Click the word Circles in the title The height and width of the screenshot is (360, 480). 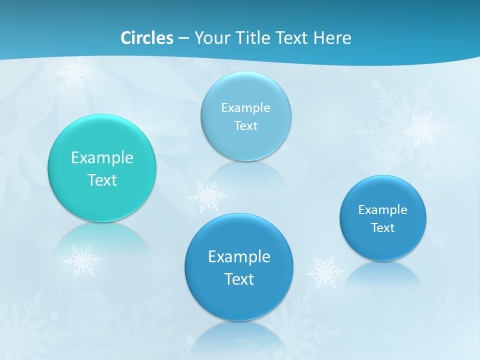pos(146,38)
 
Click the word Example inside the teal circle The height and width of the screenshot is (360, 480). pos(102,157)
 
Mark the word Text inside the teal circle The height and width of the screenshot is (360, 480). pos(102,180)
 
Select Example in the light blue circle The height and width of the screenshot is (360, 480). pos(245,107)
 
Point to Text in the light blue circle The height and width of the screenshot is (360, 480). pos(245,125)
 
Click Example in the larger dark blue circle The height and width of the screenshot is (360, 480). pos(239,256)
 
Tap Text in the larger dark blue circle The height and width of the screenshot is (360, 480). pos(239,279)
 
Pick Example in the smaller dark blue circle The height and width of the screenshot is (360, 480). pos(382,209)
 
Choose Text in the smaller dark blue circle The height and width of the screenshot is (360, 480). pos(383,227)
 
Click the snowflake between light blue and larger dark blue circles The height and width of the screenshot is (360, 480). pos(207,196)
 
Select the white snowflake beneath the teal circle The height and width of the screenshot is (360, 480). pos(82,260)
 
